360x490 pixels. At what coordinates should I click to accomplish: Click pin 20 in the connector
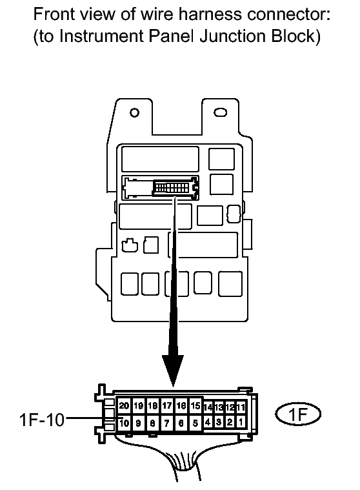pyautogui.click(x=124, y=405)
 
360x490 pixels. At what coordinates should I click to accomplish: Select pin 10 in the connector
pyautogui.click(x=124, y=423)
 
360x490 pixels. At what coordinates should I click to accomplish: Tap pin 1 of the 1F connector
pyautogui.click(x=241, y=422)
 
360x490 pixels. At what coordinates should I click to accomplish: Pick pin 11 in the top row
pyautogui.click(x=241, y=407)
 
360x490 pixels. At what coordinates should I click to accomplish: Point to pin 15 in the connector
pyautogui.click(x=195, y=405)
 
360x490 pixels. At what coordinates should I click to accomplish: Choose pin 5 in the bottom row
pyautogui.click(x=195, y=423)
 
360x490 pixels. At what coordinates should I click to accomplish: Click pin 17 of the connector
pyautogui.click(x=167, y=405)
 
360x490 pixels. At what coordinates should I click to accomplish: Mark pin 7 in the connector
pyautogui.click(x=167, y=423)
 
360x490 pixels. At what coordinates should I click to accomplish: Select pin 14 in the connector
pyautogui.click(x=208, y=407)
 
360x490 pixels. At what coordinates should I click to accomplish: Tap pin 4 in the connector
pyautogui.click(x=208, y=422)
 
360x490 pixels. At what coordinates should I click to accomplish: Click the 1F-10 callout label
pyautogui.click(x=42, y=420)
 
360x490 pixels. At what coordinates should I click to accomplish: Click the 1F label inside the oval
pyautogui.click(x=298, y=414)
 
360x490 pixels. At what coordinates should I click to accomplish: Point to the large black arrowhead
pyautogui.click(x=173, y=371)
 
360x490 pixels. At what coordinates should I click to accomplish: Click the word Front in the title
pyautogui.click(x=53, y=14)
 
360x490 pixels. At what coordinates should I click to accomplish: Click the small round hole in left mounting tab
pyautogui.click(x=134, y=112)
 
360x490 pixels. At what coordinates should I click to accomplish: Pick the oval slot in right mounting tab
pyautogui.click(x=220, y=112)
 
